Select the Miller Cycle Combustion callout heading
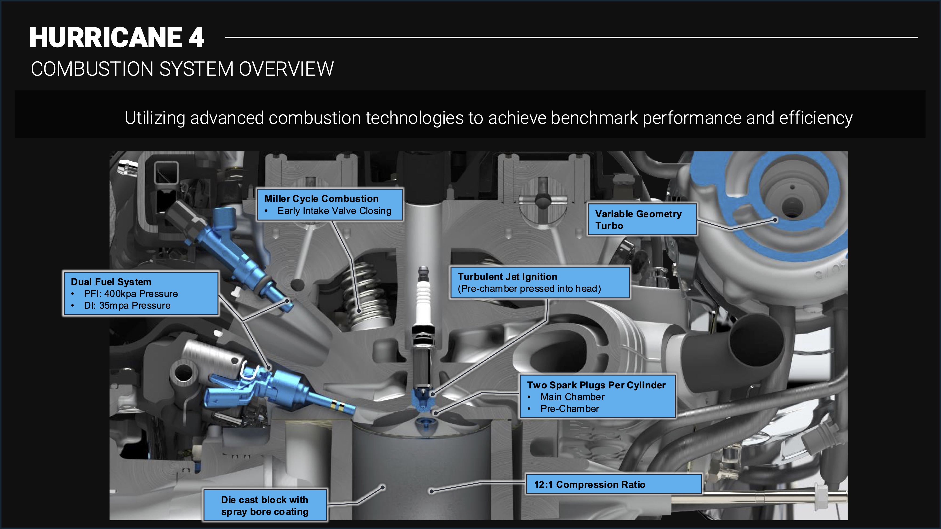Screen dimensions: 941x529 click(321, 199)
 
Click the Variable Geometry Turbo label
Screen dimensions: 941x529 click(638, 220)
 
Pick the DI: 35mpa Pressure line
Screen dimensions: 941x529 click(127, 306)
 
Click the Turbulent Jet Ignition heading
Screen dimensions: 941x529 click(507, 277)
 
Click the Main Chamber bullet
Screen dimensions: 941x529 click(572, 397)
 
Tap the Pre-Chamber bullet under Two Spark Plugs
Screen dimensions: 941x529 click(570, 409)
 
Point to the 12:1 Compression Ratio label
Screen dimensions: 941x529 click(590, 485)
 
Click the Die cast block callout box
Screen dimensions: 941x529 click(265, 506)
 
